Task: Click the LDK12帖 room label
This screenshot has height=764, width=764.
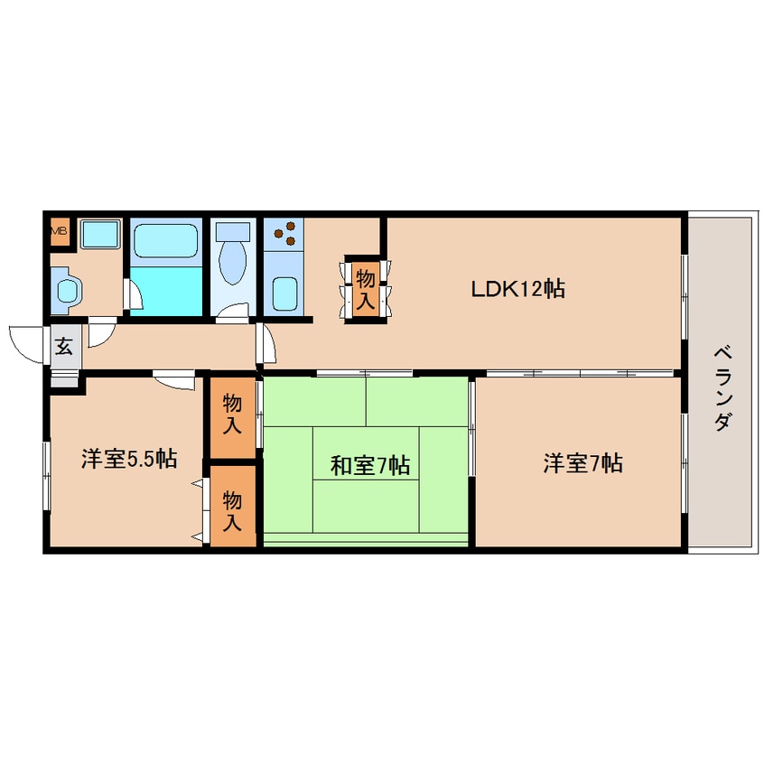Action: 517,289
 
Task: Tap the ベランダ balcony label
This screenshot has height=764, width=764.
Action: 721,387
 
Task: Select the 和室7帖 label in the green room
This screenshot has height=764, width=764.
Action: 369,466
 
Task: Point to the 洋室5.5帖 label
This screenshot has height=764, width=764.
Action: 128,459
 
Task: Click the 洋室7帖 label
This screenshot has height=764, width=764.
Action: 582,463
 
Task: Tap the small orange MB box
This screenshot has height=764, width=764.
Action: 59,231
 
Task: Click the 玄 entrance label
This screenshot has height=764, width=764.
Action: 64,346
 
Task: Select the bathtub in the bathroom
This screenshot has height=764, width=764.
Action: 165,241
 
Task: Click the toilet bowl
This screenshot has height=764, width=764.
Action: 233,259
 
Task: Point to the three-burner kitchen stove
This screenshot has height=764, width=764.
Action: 285,234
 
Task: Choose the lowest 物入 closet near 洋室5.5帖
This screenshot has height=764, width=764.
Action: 233,509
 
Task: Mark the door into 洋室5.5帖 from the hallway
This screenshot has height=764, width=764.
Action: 173,381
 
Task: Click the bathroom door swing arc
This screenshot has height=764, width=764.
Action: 132,293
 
